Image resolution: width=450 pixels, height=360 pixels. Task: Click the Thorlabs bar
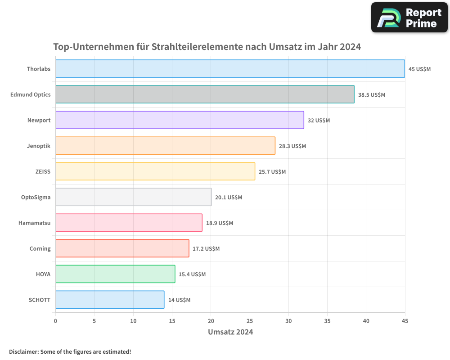point(230,69)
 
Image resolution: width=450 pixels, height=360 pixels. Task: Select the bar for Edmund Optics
point(205,94)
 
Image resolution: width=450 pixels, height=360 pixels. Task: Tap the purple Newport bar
point(180,120)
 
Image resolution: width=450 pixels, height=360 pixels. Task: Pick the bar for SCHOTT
point(110,300)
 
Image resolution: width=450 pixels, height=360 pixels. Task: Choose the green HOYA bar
point(115,274)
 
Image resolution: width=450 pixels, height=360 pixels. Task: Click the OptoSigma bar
point(133,197)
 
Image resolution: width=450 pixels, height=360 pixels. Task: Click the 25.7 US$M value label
point(272,172)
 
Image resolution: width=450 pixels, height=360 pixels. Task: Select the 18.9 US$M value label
point(220,223)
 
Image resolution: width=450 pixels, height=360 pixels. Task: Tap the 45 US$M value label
point(419,69)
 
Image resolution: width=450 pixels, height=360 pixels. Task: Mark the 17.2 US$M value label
point(206,249)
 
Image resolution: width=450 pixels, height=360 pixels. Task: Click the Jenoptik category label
point(39,146)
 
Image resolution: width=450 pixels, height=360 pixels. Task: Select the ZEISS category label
point(43,172)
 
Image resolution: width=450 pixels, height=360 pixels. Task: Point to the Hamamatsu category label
point(35,223)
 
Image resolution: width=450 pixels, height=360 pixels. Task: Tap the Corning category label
point(40,249)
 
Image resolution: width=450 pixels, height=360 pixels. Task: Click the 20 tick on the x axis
point(211,321)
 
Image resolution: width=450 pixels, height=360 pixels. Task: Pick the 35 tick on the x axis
point(327,321)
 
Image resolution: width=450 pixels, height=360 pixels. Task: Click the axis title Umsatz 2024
point(230,332)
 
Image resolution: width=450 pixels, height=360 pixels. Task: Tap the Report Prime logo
point(409,18)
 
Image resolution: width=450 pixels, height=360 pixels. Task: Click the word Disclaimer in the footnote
point(23,351)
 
